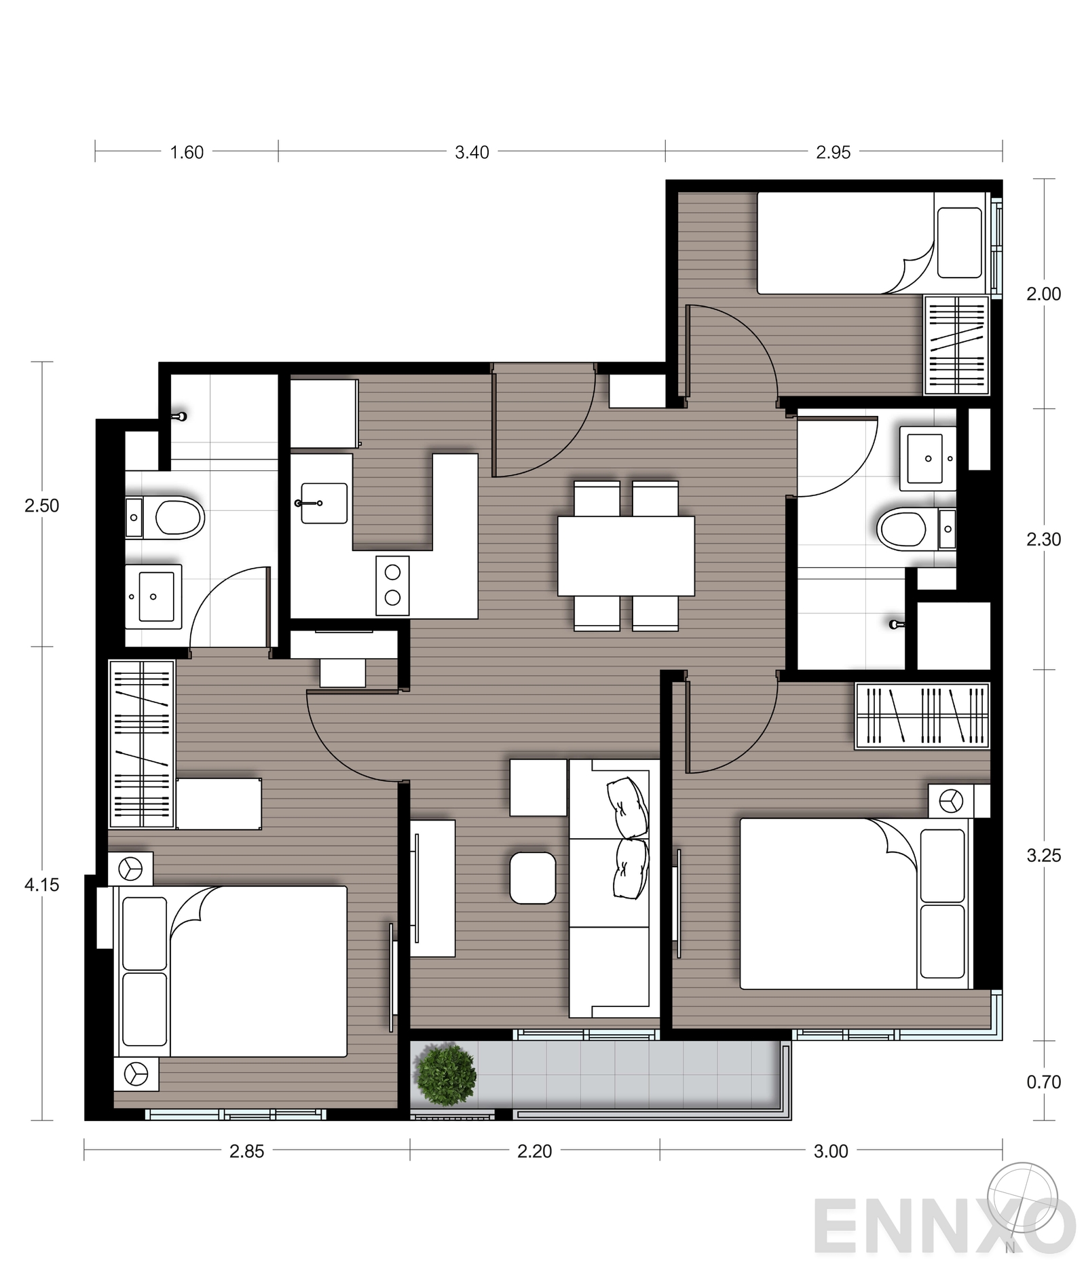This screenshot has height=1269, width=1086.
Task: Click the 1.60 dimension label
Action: tap(187, 153)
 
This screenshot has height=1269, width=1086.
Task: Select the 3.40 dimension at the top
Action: tap(472, 153)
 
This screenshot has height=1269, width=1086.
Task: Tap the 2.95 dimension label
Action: tap(833, 153)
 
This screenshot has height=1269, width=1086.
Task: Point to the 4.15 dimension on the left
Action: tap(42, 885)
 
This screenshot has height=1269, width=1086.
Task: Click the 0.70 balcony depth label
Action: tap(1043, 1082)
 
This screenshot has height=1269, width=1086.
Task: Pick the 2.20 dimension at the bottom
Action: tap(534, 1151)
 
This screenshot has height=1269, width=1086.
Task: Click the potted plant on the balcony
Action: tap(445, 1075)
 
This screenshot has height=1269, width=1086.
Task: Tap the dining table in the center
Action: tap(626, 556)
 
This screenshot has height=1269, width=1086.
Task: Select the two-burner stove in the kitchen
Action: tap(392, 586)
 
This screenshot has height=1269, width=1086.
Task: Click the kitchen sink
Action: tap(324, 504)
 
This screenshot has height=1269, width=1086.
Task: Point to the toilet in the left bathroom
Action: tap(178, 518)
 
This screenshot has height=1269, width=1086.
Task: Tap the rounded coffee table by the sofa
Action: tap(532, 878)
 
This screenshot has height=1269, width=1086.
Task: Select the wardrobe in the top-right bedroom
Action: tap(956, 345)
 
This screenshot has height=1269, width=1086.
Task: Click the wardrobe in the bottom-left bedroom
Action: tap(142, 744)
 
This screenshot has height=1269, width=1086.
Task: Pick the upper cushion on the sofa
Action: tap(629, 807)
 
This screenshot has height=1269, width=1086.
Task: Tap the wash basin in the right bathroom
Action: tap(926, 459)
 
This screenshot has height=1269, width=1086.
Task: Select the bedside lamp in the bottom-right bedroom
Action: tap(950, 801)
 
